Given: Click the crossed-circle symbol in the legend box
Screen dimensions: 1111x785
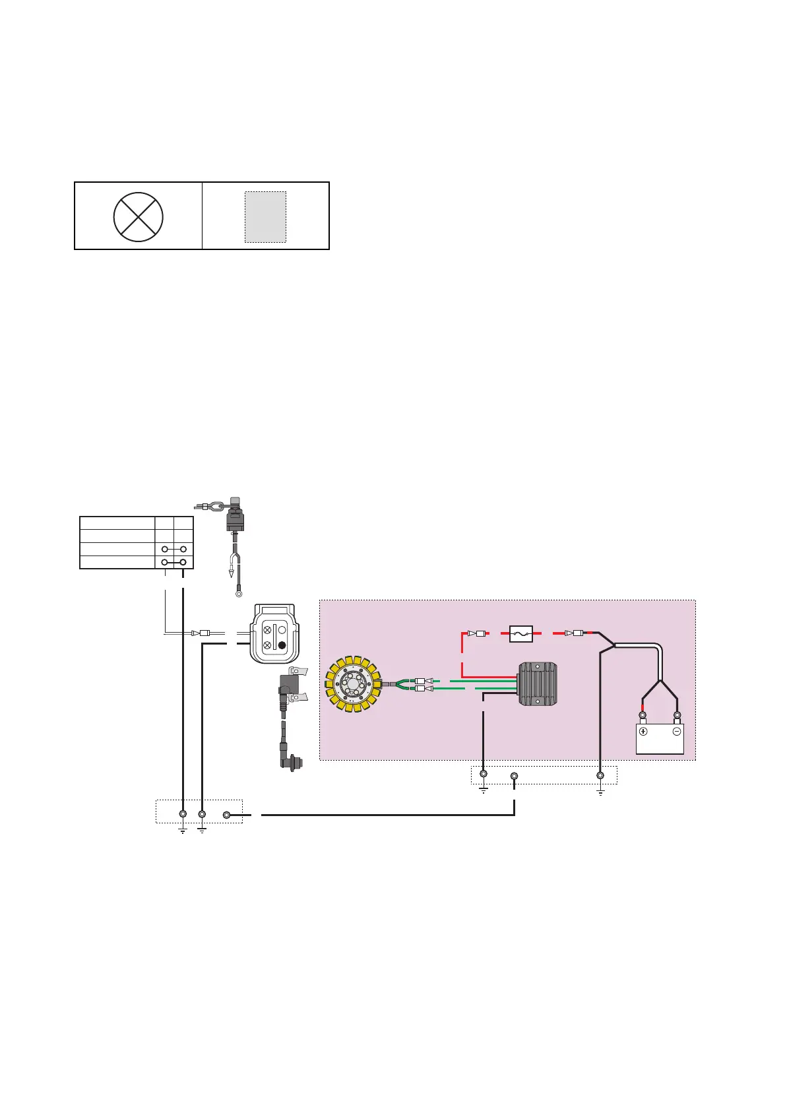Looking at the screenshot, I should click(138, 216).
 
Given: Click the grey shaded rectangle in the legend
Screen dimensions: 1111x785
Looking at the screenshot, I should click(265, 217).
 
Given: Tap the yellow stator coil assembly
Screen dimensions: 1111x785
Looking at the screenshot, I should click(354, 684).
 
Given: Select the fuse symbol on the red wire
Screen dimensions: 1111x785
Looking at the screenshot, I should click(521, 634).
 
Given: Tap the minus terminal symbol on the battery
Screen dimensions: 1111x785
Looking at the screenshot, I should click(676, 732).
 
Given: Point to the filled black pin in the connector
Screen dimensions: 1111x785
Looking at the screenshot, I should click(283, 645).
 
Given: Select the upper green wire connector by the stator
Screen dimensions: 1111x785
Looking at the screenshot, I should click(420, 681).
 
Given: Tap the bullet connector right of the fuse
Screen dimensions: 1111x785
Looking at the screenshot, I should click(575, 633).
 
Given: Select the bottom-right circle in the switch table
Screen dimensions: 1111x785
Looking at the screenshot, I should click(183, 562).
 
